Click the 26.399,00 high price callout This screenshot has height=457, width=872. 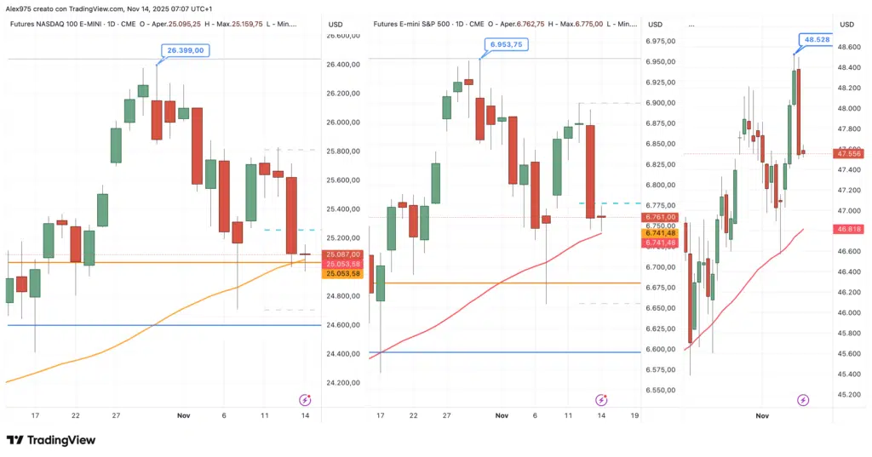(184, 51)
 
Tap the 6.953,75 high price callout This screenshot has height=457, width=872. (506, 43)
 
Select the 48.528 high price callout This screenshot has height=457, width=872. (815, 39)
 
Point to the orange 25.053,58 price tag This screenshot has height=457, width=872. (343, 273)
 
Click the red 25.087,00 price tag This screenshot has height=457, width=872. (343, 254)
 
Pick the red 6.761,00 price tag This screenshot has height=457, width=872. (661, 217)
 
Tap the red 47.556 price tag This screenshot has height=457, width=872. (848, 154)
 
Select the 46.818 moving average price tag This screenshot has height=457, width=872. (848, 229)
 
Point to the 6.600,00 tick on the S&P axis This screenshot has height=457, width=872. (661, 350)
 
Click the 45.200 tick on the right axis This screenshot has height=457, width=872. (848, 395)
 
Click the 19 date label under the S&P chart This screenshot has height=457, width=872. (635, 415)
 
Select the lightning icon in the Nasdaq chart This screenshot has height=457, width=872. (305, 399)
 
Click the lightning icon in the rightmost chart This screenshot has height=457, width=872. (802, 400)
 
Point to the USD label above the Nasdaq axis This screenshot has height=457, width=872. (337, 24)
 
